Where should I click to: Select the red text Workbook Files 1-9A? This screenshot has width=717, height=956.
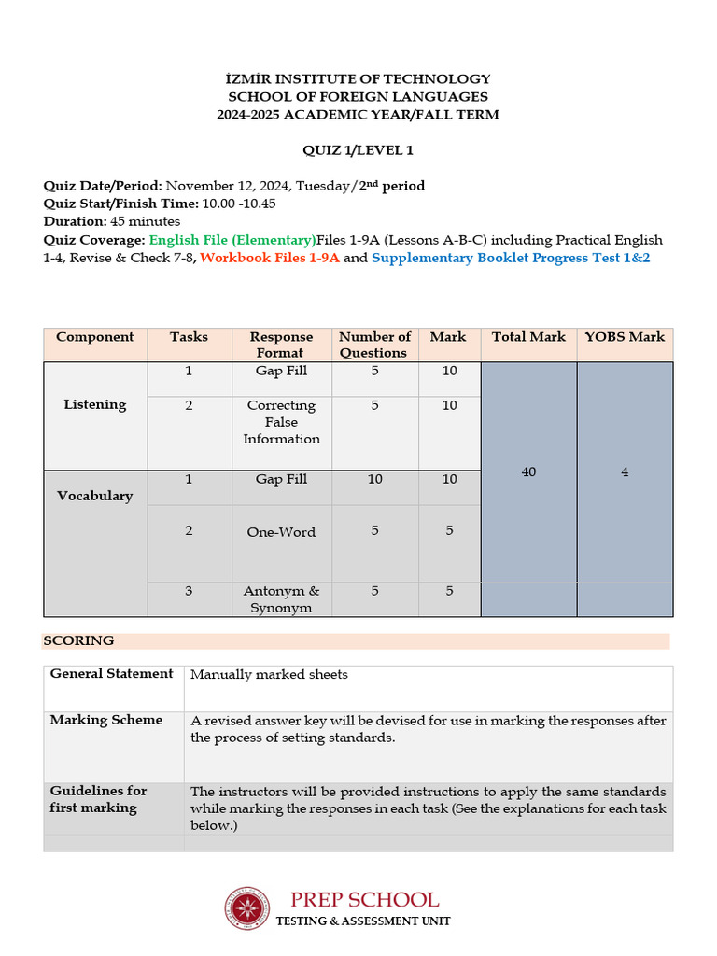[269, 258]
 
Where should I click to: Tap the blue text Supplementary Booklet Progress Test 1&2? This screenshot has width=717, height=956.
[511, 258]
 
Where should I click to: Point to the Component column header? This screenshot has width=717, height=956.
[95, 337]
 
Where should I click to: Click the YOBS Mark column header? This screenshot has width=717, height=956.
[624, 337]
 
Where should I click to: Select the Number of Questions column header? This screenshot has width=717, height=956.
[374, 344]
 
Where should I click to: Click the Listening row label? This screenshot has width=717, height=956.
[95, 405]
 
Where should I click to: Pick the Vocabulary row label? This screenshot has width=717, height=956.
[95, 496]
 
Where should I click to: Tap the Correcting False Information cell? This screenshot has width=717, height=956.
[281, 422]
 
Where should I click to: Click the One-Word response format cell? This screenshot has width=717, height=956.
[281, 532]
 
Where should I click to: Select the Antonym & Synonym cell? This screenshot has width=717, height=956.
[281, 599]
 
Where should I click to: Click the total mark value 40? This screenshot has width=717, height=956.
[528, 472]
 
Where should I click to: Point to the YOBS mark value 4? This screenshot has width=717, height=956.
[625, 472]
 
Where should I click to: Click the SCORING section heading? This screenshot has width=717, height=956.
[79, 640]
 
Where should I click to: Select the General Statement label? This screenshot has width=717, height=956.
[112, 674]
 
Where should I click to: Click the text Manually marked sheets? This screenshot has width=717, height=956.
[269, 675]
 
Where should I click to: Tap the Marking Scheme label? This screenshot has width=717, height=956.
[106, 720]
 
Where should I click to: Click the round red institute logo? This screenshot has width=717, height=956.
[246, 908]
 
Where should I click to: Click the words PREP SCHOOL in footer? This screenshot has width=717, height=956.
[364, 900]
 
